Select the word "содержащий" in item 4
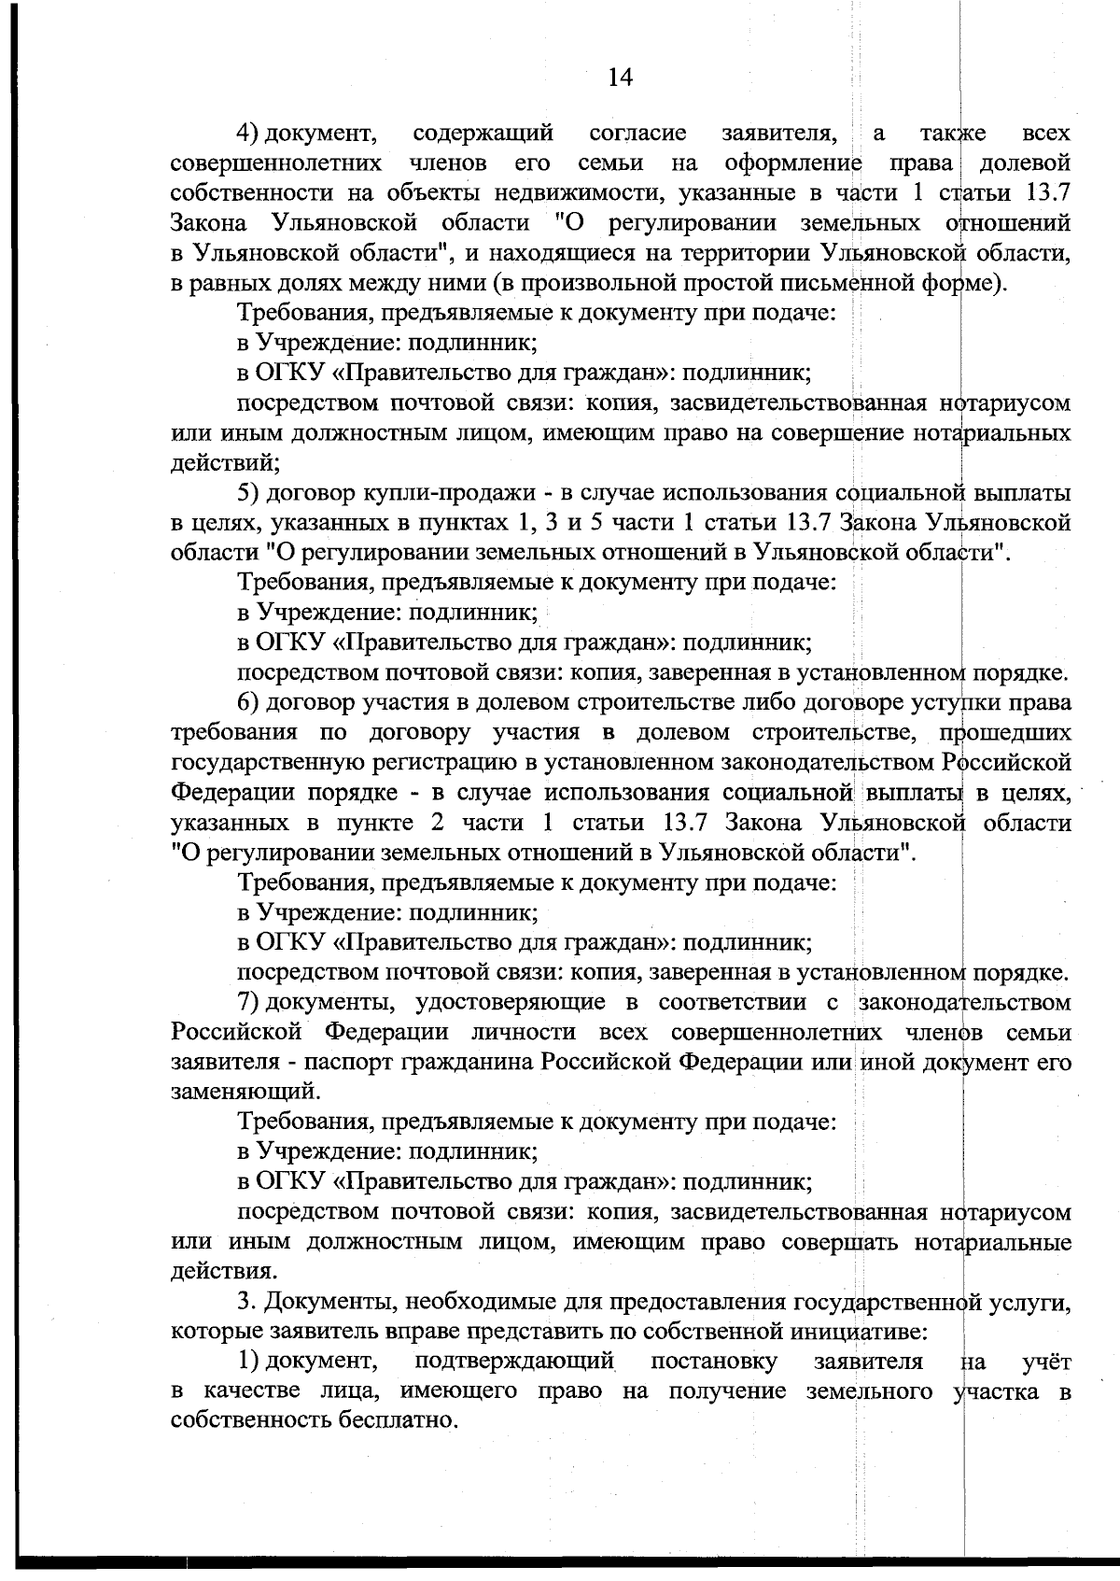pyautogui.click(x=483, y=134)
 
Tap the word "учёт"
pyautogui.click(x=1046, y=1361)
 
